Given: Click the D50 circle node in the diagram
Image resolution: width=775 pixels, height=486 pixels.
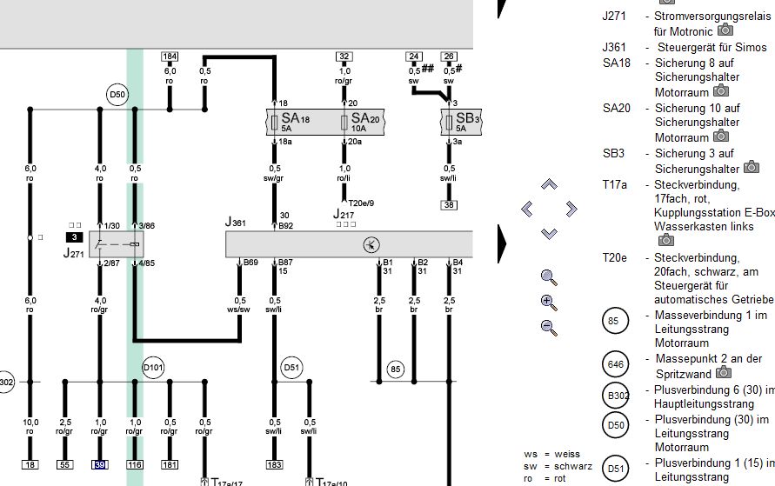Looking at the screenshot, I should [x=117, y=95].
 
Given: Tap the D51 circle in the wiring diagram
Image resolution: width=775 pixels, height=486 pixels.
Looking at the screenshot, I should [x=291, y=367].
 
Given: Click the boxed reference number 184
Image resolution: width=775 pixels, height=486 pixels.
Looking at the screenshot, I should [x=170, y=57].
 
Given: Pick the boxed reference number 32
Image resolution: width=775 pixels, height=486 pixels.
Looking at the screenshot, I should [x=344, y=57].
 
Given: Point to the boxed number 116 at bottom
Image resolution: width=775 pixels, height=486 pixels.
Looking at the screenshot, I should [x=135, y=466].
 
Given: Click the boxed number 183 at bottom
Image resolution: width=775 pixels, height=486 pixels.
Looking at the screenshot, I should [x=275, y=466].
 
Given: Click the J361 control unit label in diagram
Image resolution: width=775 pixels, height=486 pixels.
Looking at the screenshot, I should [x=236, y=223].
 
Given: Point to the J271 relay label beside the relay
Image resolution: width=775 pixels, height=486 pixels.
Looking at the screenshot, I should [x=73, y=253].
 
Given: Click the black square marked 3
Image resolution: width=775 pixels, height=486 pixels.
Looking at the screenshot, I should [x=75, y=236].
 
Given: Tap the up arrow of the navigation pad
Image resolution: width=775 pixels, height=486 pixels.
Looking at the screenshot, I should [x=549, y=184].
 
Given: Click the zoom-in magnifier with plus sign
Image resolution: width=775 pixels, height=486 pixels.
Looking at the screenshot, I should [x=549, y=303].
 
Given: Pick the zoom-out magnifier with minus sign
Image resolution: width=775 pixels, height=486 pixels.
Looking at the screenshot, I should [x=549, y=327].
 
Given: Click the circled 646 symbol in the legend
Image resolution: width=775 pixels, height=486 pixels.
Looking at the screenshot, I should [x=615, y=364].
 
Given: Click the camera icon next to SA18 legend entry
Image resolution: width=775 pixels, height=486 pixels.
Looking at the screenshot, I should [x=720, y=90].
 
